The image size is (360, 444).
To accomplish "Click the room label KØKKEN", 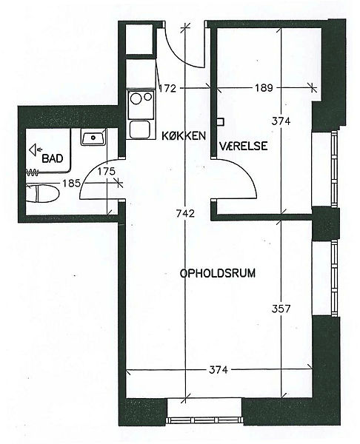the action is tap(184, 136).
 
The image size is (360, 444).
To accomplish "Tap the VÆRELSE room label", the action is tap(244, 146).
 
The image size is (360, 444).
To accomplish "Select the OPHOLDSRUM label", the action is tap(218, 273).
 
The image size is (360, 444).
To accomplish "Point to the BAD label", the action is tap(53, 158).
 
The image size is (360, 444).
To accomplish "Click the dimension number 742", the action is tap(185, 213).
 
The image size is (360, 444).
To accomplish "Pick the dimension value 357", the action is tap(281, 309).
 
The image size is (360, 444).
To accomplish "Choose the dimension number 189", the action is tap(264, 88).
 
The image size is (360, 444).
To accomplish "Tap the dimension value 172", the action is tap(167, 89).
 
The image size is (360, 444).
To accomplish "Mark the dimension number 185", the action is tap(72, 184).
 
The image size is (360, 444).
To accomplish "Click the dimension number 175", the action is tap(107, 172).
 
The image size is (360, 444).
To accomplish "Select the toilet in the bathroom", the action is tap(42, 193).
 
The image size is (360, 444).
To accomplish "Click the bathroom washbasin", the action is tap(93, 138).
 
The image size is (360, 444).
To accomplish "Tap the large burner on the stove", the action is tap(136, 99).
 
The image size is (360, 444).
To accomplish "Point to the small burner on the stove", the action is tap(148, 96).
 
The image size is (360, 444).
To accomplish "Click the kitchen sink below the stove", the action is tap(139, 129).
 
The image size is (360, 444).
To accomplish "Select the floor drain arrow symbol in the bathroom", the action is tap(36, 149).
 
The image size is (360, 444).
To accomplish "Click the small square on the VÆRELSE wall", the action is tap(221, 122).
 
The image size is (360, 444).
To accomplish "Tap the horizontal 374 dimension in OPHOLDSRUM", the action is tap(219, 369).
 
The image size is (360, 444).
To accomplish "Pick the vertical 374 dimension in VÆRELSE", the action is tap(281, 121).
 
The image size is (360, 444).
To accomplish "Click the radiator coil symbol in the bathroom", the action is tap(32, 172).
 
